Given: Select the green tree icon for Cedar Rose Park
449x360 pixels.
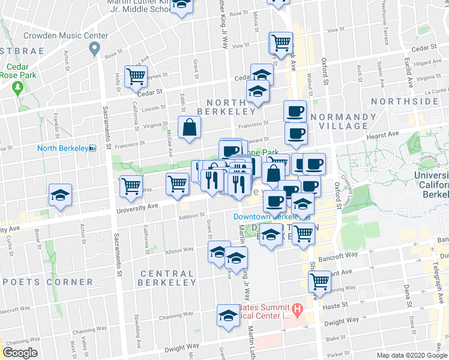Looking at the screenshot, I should pos(17,88).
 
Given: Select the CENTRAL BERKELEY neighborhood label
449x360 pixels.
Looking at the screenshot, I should pos(167,278).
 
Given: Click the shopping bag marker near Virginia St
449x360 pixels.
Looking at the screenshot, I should pos(189,127).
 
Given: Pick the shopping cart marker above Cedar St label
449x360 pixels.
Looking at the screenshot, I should pos(136,76).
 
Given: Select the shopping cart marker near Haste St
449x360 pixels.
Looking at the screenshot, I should pos(320,281).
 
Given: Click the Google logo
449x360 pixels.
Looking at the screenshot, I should pos(20,353).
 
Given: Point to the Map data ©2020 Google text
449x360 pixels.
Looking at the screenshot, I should pos(412,355).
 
